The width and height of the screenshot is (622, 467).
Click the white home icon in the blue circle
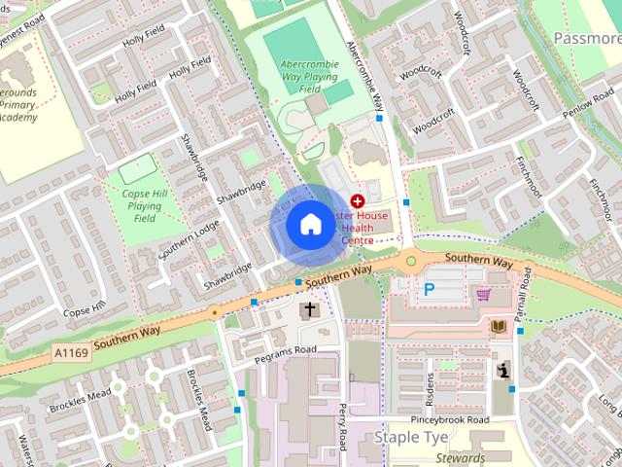tap(310, 225)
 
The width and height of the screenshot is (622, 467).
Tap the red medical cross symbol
tap(358, 200)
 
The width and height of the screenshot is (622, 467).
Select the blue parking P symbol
tap(429, 289)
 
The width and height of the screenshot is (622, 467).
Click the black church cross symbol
tap(310, 310)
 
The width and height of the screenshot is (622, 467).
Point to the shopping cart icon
tap(483, 293)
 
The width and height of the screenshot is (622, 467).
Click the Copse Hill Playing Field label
tap(145, 206)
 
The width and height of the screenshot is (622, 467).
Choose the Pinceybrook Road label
tap(449, 419)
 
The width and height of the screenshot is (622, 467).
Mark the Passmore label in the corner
tap(587, 38)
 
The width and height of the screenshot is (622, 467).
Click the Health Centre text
tap(363, 228)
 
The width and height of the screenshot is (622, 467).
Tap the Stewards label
tap(461, 458)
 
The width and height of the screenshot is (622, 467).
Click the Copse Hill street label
tap(84, 312)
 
